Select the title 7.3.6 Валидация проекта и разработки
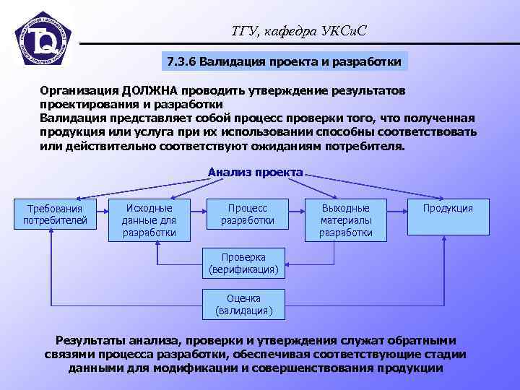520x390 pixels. pyautogui.click(x=284, y=61)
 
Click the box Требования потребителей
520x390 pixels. pyautogui.click(x=55, y=214)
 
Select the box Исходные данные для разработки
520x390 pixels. pyautogui.click(x=149, y=220)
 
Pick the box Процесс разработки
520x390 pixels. pyautogui.click(x=247, y=214)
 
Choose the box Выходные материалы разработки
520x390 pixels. pyautogui.click(x=346, y=220)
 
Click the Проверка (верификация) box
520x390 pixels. pyautogui.click(x=243, y=264)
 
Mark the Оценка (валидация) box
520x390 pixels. pyautogui.click(x=243, y=305)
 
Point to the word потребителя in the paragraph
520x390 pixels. pyautogui.click(x=370, y=145)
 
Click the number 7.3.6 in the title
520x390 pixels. pyautogui.click(x=182, y=61)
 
